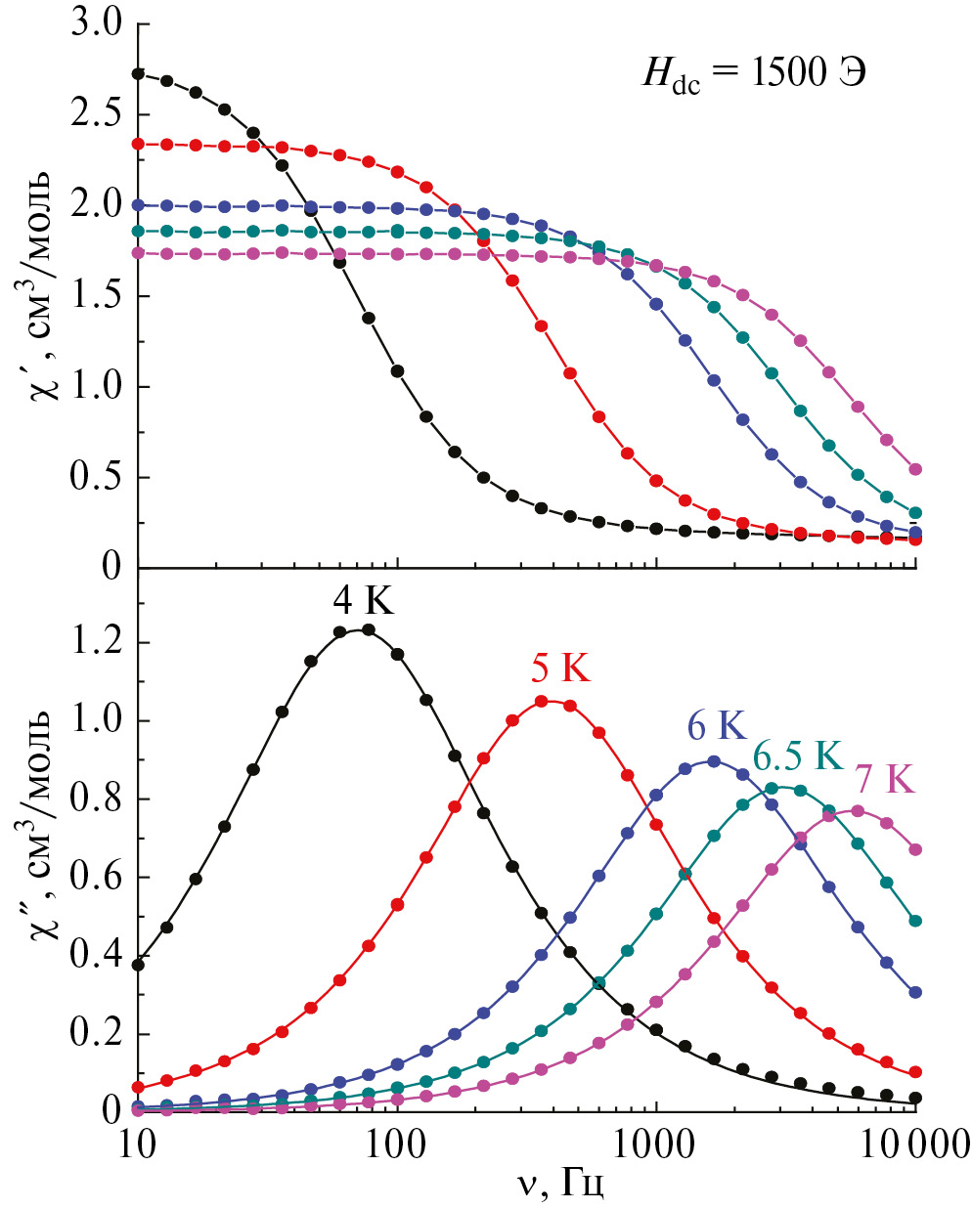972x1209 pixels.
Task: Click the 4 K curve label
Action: (363, 601)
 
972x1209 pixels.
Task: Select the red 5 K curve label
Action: (560, 669)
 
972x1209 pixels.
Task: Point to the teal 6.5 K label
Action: (797, 756)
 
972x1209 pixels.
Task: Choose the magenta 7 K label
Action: (884, 779)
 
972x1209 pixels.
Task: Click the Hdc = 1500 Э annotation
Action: (753, 74)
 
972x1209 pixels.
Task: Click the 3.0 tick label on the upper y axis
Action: (96, 23)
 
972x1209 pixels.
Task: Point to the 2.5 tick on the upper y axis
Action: (96, 114)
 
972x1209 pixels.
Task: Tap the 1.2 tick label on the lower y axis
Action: (96, 643)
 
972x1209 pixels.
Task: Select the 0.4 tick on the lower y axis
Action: (96, 955)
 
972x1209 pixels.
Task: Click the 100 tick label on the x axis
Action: (396, 1143)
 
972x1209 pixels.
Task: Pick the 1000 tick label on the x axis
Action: (655, 1143)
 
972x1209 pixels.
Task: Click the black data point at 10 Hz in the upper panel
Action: (138, 73)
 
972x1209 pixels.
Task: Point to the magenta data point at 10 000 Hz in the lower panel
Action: (915, 849)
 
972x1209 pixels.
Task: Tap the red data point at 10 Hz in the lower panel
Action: (138, 1087)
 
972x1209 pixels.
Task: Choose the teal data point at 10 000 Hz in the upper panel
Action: (915, 513)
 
